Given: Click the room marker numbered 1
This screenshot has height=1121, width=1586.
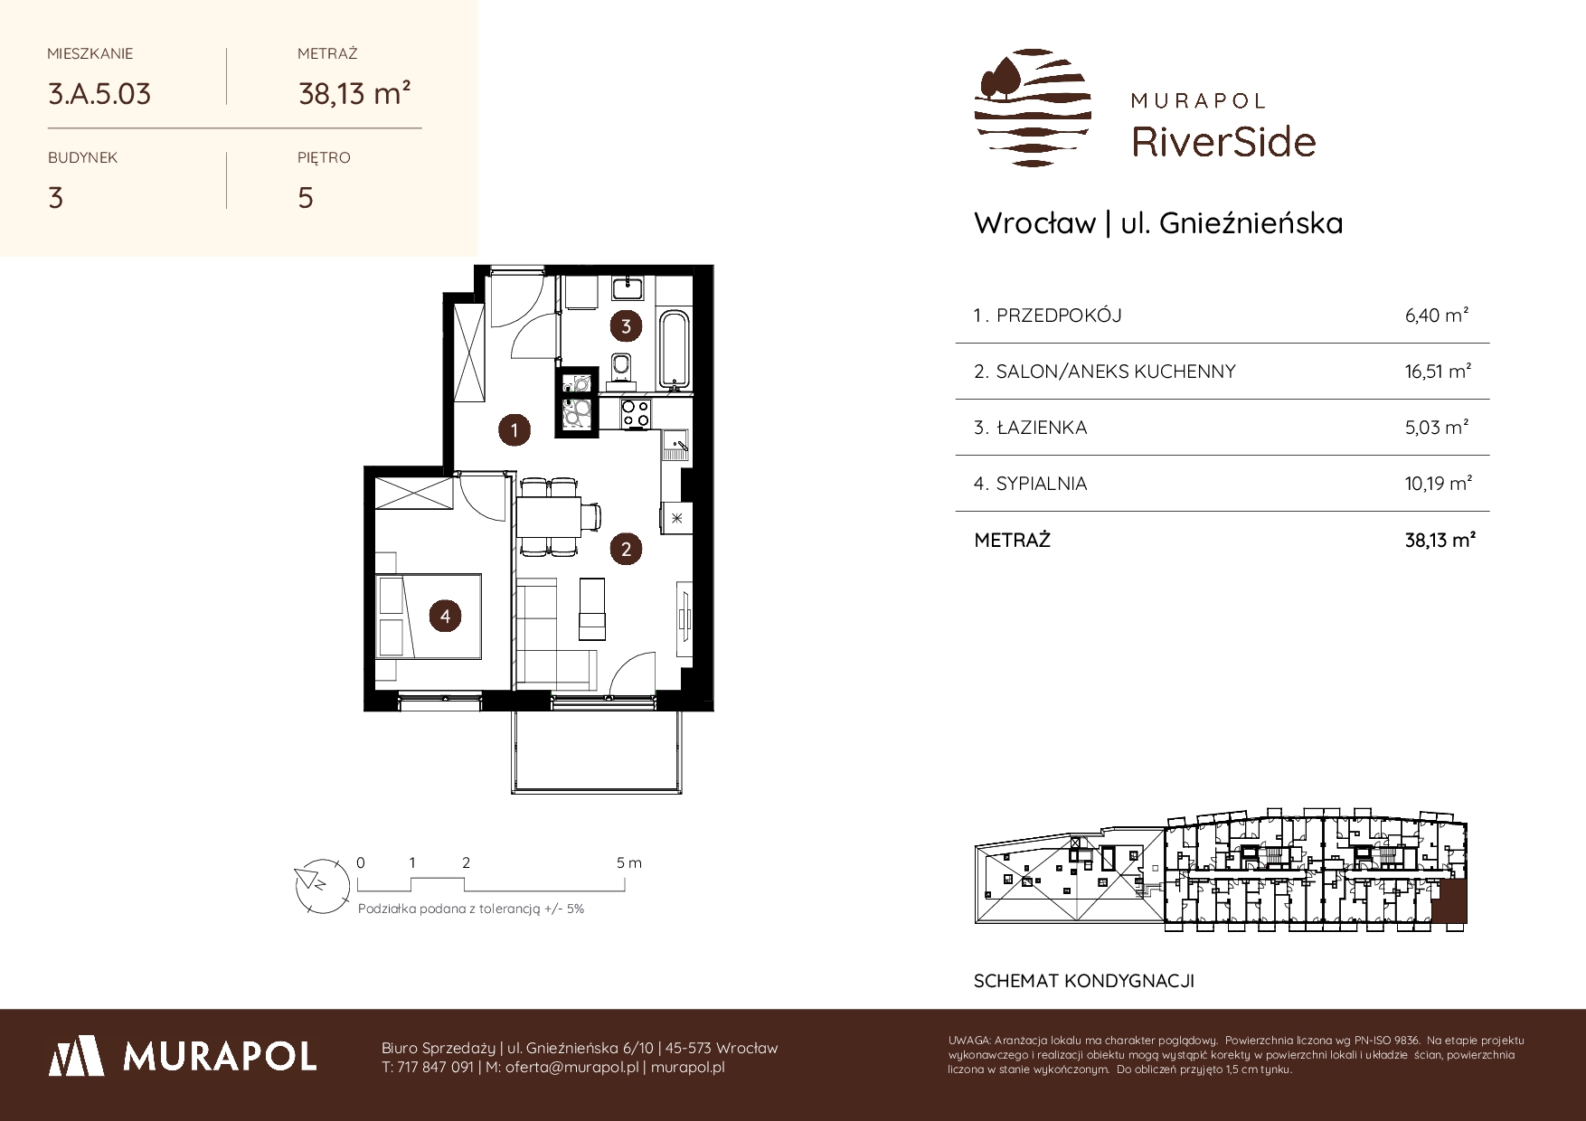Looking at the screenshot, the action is (515, 430).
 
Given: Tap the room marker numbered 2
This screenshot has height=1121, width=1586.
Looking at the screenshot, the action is (626, 548).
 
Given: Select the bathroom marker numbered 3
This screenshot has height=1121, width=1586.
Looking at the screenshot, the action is (626, 325).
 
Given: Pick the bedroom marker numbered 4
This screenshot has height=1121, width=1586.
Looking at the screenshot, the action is (445, 617).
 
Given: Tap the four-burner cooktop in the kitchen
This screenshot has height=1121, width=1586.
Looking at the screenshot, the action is (635, 414).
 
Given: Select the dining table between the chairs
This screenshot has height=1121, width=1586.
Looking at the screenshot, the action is (549, 518).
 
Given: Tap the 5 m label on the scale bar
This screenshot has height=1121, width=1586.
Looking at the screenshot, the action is (628, 862).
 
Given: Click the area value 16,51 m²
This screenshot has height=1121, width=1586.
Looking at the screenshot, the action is (1438, 371).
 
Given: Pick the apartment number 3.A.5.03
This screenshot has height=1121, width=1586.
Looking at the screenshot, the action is (99, 93).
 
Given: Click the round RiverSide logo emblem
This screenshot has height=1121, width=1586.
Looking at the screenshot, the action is (1033, 108).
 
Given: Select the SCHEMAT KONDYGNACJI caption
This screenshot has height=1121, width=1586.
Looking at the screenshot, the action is (1083, 981).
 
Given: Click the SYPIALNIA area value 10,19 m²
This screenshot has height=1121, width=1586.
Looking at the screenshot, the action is (1439, 484).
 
